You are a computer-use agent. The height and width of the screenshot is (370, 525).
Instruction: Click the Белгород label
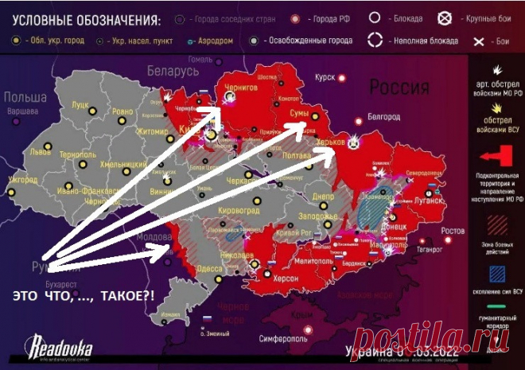(x=383, y=117)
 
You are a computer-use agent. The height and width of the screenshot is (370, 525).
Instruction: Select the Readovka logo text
(x=61, y=348)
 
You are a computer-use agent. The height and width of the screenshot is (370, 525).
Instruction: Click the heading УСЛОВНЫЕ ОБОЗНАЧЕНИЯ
(x=76, y=18)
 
